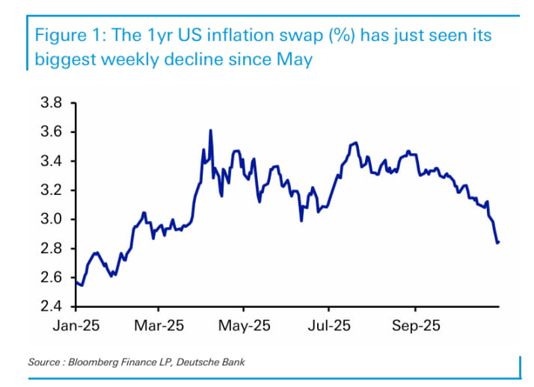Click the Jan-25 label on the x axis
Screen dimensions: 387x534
point(76,326)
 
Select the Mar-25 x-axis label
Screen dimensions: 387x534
point(159,326)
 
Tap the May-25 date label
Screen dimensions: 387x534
point(243,326)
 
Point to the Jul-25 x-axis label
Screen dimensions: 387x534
point(329,326)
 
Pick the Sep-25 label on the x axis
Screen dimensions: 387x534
point(415,326)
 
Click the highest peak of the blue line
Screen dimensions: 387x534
point(210,131)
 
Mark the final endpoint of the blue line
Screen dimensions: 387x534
point(498,242)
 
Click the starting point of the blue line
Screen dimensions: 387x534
point(76,282)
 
